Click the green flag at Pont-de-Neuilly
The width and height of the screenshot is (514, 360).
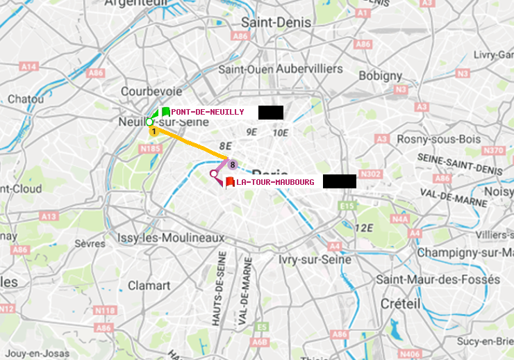pyautogui.click(x=165, y=111)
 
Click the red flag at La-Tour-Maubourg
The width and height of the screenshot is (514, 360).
pyautogui.click(x=229, y=182)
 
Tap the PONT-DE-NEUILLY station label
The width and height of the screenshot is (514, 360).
pyautogui.click(x=208, y=112)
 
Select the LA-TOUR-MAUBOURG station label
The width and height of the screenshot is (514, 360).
pyautogui.click(x=275, y=182)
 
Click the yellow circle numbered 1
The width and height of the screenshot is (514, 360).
pyautogui.click(x=154, y=131)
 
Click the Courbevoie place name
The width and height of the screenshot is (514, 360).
pyautogui.click(x=151, y=91)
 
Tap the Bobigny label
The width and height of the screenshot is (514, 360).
pyautogui.click(x=380, y=75)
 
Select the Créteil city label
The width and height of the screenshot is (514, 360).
pyautogui.click(x=400, y=304)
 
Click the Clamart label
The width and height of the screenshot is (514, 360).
pyautogui.click(x=149, y=285)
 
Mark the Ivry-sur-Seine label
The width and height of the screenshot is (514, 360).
pyautogui.click(x=314, y=259)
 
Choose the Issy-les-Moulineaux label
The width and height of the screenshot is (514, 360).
pyautogui.click(x=171, y=238)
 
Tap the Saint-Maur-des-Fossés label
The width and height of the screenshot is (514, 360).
pyautogui.click(x=438, y=279)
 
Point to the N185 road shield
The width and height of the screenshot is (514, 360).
pyautogui.click(x=150, y=149)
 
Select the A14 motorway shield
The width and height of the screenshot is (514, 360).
pyautogui.click(x=28, y=66)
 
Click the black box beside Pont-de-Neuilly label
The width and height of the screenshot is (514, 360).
pyautogui.click(x=270, y=112)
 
